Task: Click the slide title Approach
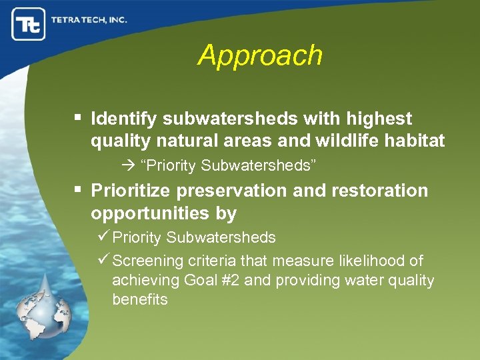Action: [x=260, y=55]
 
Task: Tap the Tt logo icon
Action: [x=29, y=24]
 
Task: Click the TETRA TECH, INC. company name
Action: [x=88, y=19]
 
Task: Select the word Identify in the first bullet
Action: [x=124, y=119]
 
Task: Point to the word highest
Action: [x=382, y=119]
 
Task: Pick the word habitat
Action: [x=416, y=141]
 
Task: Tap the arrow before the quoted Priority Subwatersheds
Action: [x=129, y=165]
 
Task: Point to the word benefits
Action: [x=140, y=300]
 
